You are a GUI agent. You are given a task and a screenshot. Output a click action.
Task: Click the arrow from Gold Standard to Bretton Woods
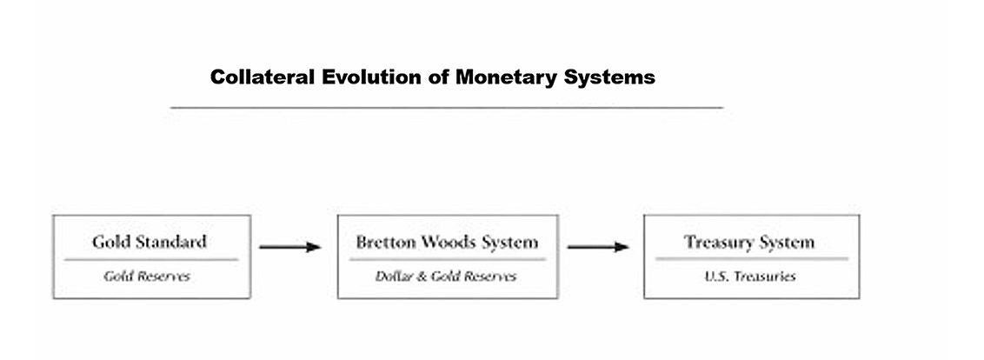[289, 248]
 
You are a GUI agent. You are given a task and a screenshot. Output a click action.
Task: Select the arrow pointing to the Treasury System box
[597, 248]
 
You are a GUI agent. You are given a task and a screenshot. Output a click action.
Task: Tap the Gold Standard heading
[150, 241]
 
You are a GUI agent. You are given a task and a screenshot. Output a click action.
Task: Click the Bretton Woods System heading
[447, 242]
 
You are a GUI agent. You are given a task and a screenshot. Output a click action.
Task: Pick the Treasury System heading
[749, 242]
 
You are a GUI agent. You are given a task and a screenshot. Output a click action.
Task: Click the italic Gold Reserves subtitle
[147, 277]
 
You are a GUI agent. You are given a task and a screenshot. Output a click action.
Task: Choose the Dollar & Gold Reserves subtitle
[446, 277]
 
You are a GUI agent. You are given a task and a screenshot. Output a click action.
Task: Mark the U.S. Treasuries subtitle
[750, 277]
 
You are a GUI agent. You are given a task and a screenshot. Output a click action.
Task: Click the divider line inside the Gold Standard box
[150, 259]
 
